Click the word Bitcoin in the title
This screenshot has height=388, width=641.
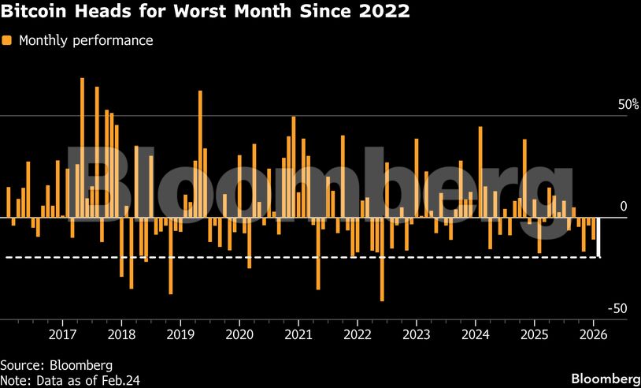tap(30, 13)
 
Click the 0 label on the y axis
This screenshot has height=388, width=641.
tap(623, 207)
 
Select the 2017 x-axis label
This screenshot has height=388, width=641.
tap(62, 334)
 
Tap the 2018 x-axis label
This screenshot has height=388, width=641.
tap(121, 334)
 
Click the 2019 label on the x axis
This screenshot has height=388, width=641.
tap(180, 334)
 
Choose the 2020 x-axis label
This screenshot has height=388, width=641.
tap(239, 334)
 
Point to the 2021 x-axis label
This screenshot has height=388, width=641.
tap(298, 334)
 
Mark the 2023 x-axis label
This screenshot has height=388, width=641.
tap(417, 334)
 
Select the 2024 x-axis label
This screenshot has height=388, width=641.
tap(476, 334)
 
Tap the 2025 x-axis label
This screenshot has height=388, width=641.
tap(535, 334)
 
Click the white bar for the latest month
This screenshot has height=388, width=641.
tap(599, 237)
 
